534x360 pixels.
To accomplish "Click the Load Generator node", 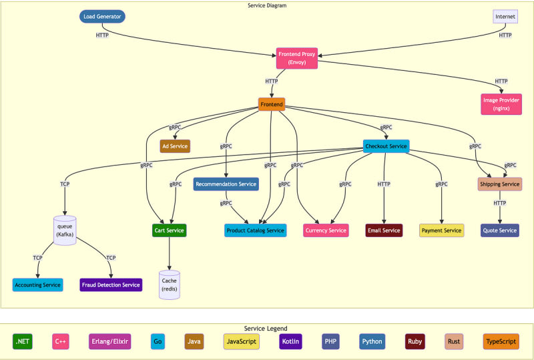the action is (102, 16).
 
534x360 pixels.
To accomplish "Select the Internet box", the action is (505, 16).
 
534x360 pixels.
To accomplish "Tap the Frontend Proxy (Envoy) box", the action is (296, 58).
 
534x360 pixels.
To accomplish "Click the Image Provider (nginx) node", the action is (501, 104).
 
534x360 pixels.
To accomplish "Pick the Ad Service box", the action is (175, 146).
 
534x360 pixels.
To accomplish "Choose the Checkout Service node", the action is (386, 146).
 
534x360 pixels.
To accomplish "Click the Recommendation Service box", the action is (226, 184).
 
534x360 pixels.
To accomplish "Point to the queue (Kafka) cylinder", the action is (65, 230).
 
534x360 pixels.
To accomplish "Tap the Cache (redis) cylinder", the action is (170, 285).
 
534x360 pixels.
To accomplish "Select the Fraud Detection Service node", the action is (111, 285).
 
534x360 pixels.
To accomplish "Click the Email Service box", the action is (384, 230).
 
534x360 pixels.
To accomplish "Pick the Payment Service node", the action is (441, 230).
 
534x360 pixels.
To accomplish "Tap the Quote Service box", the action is (499, 230).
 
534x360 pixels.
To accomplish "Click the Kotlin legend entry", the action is (290, 341).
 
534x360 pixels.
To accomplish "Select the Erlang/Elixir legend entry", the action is (109, 341).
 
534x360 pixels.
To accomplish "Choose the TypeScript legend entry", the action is (501, 341).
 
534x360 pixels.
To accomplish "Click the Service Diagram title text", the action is (267, 5).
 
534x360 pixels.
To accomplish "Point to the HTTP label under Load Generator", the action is (102, 35).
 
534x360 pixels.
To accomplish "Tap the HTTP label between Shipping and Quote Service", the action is (499, 203).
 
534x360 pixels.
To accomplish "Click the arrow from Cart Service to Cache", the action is (170, 254).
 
